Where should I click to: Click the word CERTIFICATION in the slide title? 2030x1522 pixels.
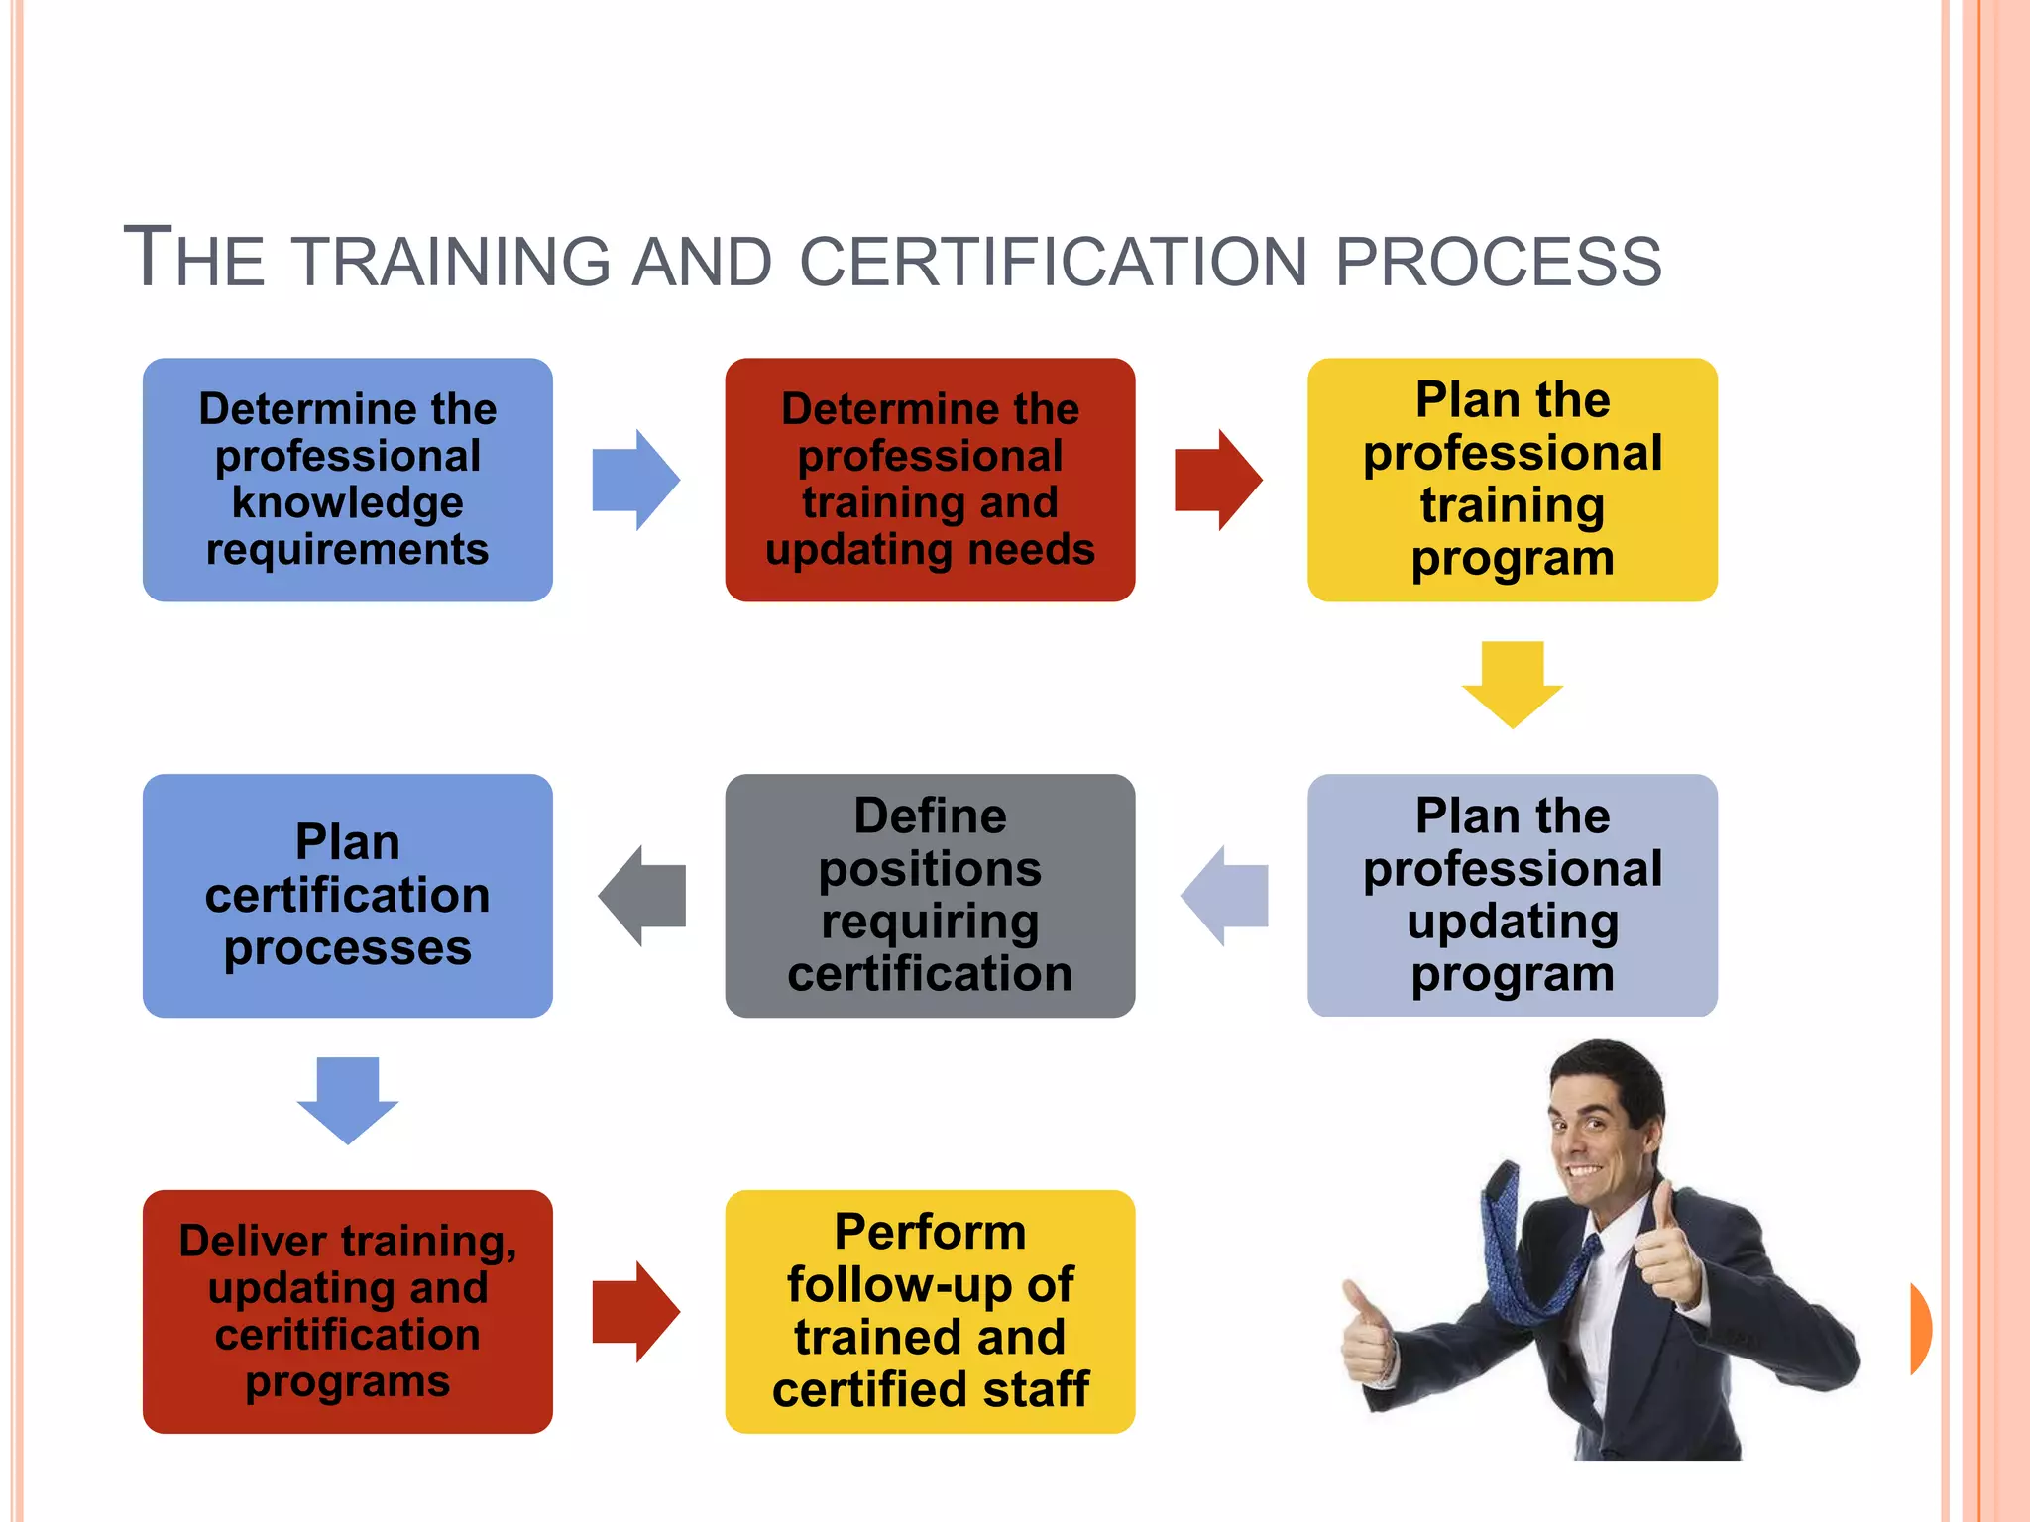[x=1054, y=262]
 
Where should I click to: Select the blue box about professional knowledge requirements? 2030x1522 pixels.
[x=347, y=480]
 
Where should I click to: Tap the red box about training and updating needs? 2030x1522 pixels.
[x=930, y=480]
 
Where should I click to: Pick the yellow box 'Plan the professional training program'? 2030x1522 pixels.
[x=1512, y=480]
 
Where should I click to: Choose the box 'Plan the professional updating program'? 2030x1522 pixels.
[x=1512, y=895]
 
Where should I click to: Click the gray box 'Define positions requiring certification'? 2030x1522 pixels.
[x=930, y=895]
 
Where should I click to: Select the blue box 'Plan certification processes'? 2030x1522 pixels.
[x=347, y=895]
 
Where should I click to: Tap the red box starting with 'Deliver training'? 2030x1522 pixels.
[x=347, y=1311]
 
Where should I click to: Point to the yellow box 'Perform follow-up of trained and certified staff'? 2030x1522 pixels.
[x=930, y=1311]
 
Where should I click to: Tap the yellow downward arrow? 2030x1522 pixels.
[x=1512, y=684]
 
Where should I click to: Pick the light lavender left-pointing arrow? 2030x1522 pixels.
[x=1225, y=895]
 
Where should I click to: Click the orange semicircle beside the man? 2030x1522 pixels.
[x=1920, y=1328]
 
